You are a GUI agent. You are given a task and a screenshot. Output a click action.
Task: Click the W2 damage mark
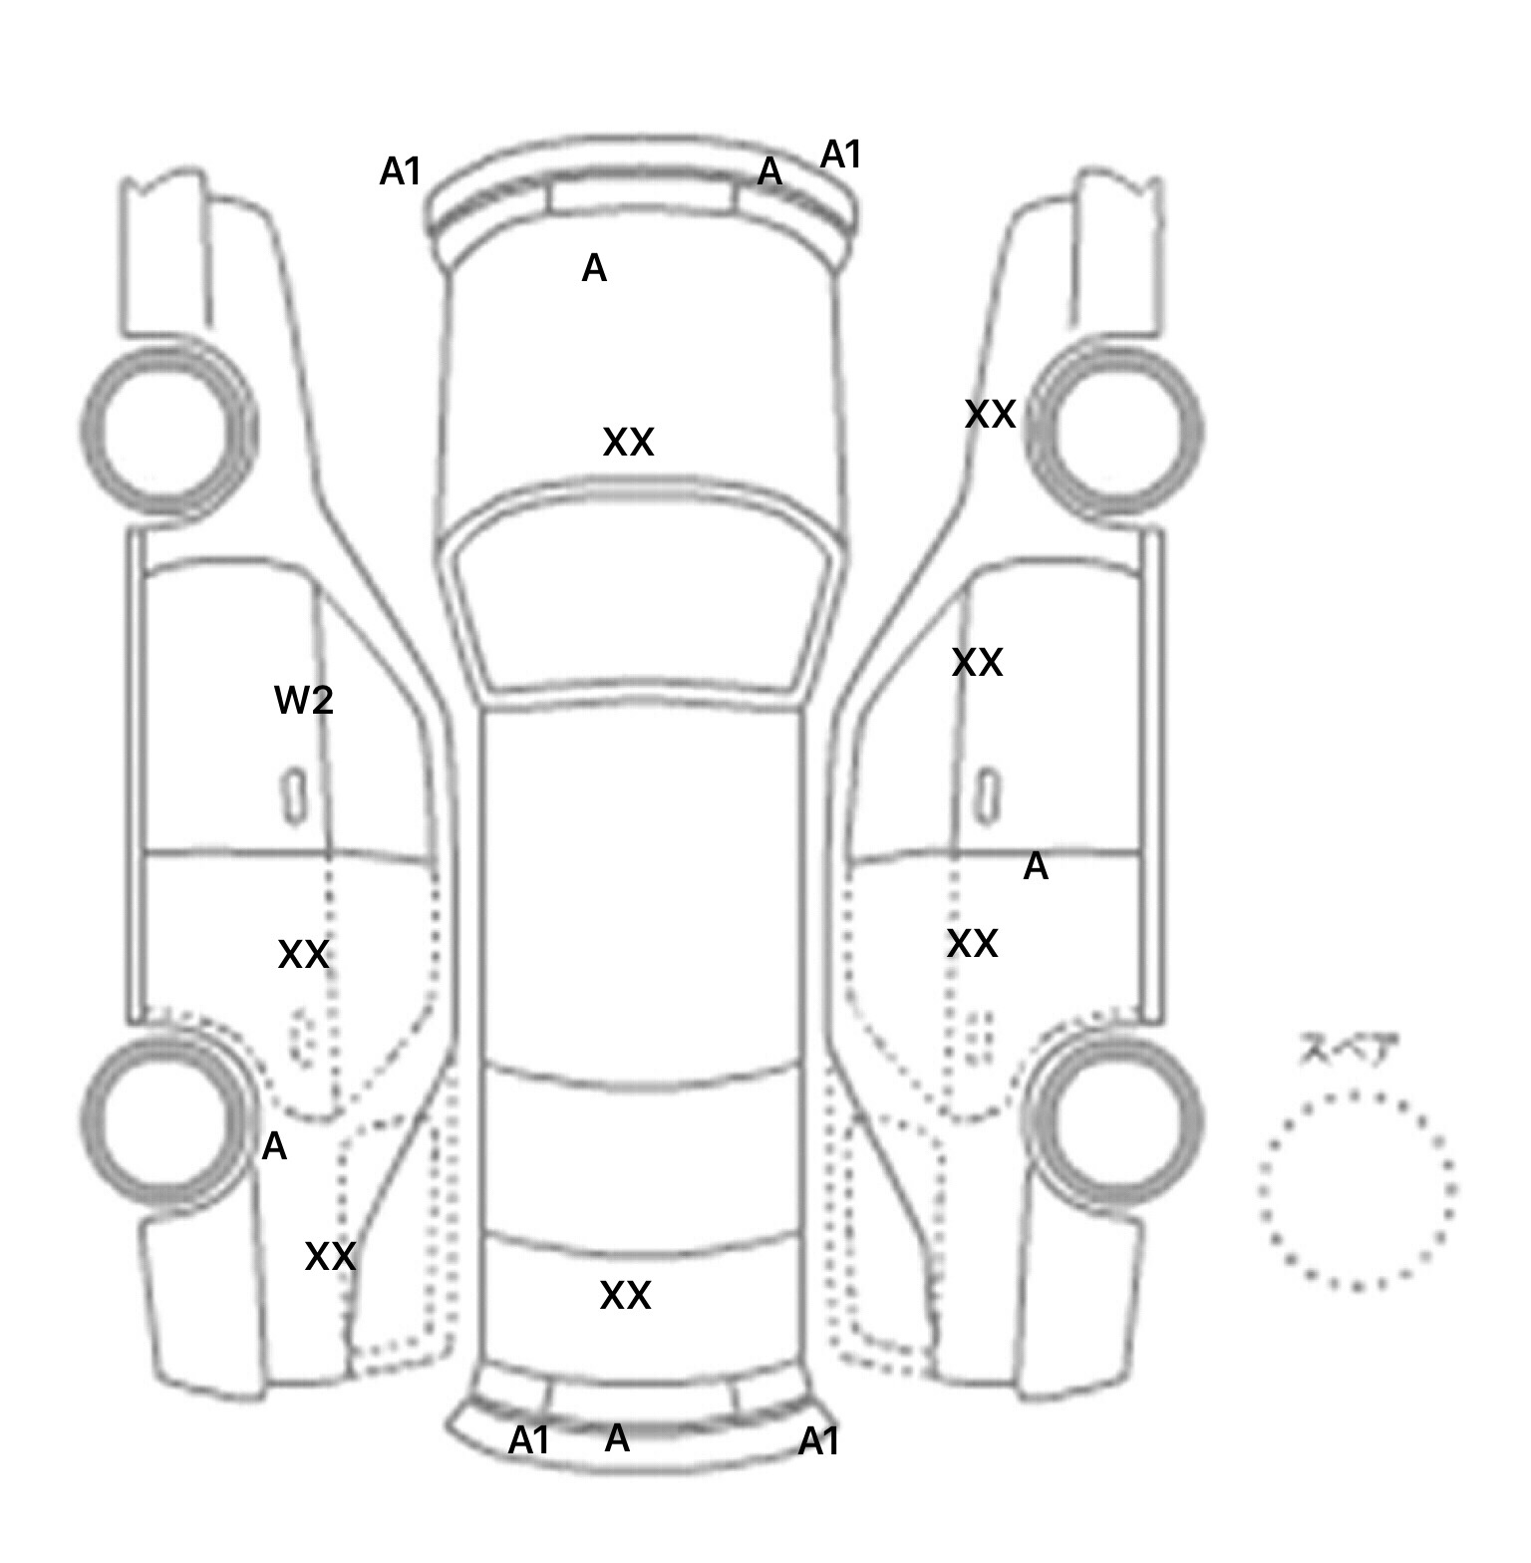[x=303, y=702]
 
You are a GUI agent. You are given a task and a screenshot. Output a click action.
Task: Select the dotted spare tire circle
[x=1357, y=1189]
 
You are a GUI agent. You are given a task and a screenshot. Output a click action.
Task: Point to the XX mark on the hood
[x=628, y=443]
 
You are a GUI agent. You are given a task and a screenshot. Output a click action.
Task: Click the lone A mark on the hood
[x=594, y=268]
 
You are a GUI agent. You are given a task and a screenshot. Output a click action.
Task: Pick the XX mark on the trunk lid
[x=625, y=1296]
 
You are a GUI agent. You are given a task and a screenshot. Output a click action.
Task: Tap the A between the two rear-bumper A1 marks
[x=617, y=1438]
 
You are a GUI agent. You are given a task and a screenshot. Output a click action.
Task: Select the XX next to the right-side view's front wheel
[x=990, y=415]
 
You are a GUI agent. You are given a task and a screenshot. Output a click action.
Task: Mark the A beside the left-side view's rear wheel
[x=274, y=1147]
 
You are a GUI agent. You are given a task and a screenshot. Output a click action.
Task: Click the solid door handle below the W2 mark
[x=294, y=795]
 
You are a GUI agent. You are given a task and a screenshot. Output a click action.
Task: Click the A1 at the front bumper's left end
[x=401, y=172]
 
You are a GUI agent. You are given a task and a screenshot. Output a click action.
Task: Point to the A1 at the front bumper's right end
[x=840, y=156]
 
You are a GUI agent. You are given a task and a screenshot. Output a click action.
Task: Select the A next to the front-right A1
[x=769, y=172]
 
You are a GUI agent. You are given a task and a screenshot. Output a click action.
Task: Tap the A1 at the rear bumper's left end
[x=529, y=1440]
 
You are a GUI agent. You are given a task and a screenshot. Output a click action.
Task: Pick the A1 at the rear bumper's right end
[x=819, y=1441]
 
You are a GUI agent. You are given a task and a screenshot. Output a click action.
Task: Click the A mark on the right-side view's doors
[x=1036, y=867]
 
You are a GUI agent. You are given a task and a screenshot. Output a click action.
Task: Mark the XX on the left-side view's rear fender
[x=330, y=1257]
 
